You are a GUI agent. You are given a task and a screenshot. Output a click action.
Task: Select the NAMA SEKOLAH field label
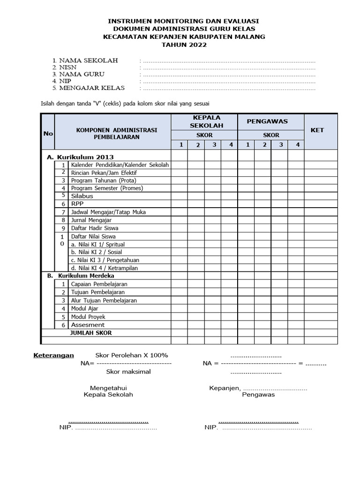click(88, 60)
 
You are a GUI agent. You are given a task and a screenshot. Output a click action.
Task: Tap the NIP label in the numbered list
click(65, 81)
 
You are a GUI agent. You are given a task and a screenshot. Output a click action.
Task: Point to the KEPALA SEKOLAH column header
click(204, 121)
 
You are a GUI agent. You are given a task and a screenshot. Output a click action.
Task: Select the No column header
click(48, 134)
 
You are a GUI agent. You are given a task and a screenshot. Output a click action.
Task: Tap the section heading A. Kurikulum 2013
click(80, 157)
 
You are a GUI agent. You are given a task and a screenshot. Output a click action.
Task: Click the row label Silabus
click(82, 196)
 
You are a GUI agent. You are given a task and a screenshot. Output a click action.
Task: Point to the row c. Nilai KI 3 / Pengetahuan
click(105, 260)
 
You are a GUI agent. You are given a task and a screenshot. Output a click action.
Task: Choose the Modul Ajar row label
click(84, 308)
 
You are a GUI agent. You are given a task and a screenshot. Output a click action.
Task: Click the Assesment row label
click(88, 325)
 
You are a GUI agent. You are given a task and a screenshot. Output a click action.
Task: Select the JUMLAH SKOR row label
click(91, 333)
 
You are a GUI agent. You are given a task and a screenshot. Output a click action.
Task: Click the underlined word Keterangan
click(53, 355)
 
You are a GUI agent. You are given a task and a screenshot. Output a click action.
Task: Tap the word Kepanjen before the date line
click(224, 388)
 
